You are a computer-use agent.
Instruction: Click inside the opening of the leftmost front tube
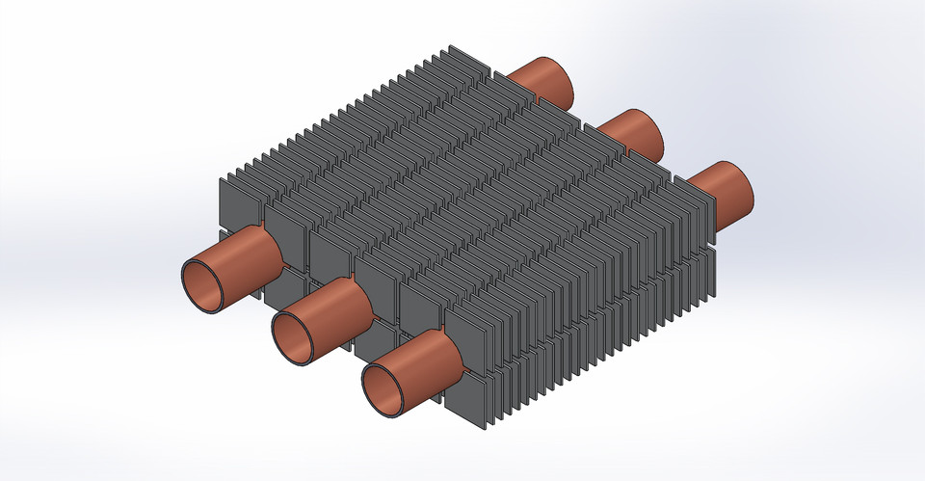click(204, 285)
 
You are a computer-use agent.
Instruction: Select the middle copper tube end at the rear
click(631, 131)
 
